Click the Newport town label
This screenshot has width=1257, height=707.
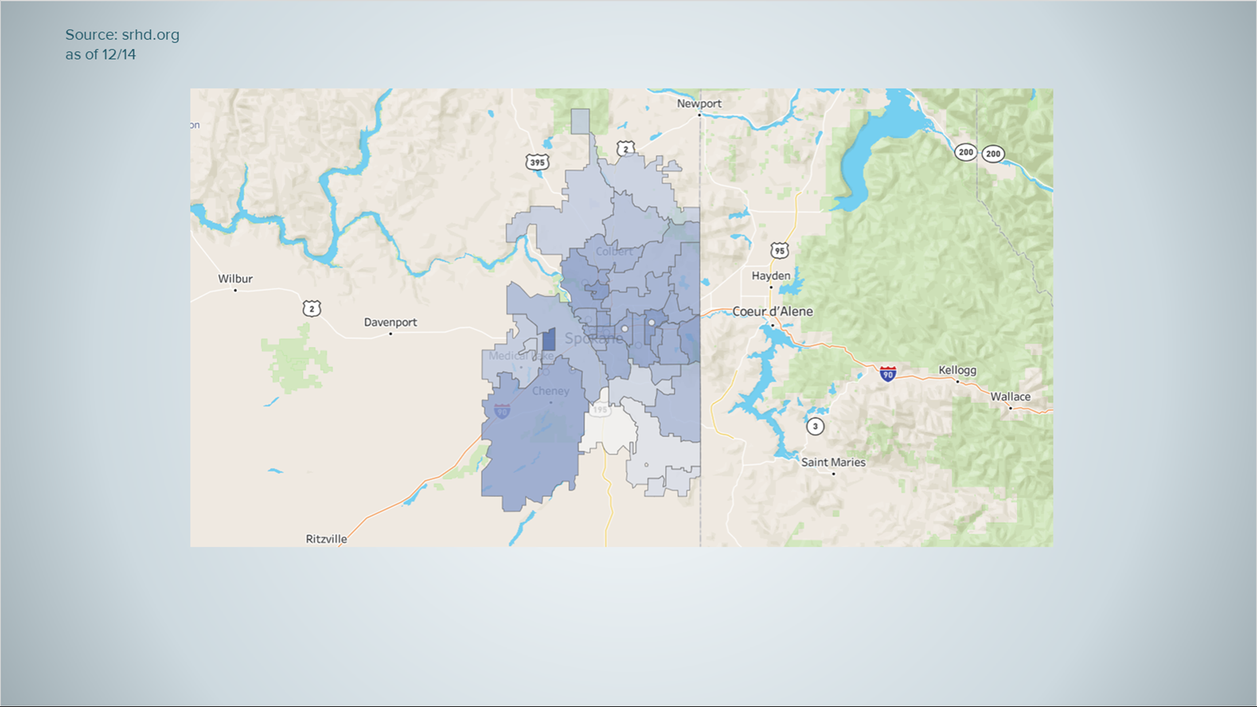pos(699,103)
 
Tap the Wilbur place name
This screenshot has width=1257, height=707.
pos(235,279)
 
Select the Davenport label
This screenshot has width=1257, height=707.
pos(390,322)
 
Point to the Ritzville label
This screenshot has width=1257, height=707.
pos(326,539)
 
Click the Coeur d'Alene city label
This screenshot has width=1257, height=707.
pos(773,312)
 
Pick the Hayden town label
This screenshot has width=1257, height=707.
pos(771,276)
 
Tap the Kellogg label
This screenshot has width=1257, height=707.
pos(957,370)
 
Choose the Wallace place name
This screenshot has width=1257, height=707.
pos(1010,397)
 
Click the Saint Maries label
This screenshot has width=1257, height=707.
pos(833,462)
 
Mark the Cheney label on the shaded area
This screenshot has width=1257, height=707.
pos(550,391)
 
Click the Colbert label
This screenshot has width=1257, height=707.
pos(614,251)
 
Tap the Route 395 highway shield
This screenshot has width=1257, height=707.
pos(537,162)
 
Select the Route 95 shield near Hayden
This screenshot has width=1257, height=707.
pos(779,251)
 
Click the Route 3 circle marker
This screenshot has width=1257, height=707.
pos(815,426)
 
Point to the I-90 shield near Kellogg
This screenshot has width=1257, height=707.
pos(888,374)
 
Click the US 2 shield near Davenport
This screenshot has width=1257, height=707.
pos(312,308)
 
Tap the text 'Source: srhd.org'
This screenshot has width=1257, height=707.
pos(122,35)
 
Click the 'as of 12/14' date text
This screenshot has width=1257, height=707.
pos(100,54)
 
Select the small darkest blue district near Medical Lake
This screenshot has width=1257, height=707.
pos(549,340)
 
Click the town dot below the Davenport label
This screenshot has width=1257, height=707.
pos(391,334)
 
